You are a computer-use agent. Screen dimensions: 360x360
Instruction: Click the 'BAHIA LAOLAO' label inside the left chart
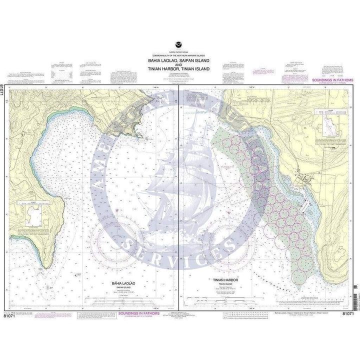(x=120, y=283)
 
